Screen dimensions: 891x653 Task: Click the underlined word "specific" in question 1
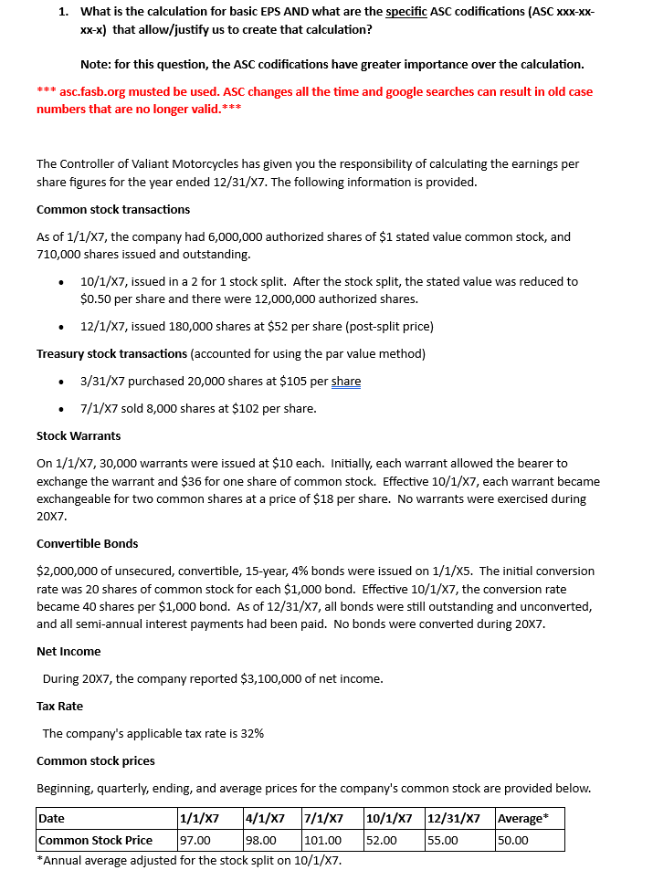(x=405, y=12)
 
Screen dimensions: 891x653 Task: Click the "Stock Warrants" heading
(x=79, y=436)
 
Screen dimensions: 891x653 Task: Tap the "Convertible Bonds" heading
(x=88, y=544)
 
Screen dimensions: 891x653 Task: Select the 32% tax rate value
(x=252, y=734)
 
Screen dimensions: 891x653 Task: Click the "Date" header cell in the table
(x=52, y=819)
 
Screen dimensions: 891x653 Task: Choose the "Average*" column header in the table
(x=522, y=819)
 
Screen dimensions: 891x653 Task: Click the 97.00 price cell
(x=195, y=841)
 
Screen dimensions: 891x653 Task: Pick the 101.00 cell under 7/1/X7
(x=322, y=841)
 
